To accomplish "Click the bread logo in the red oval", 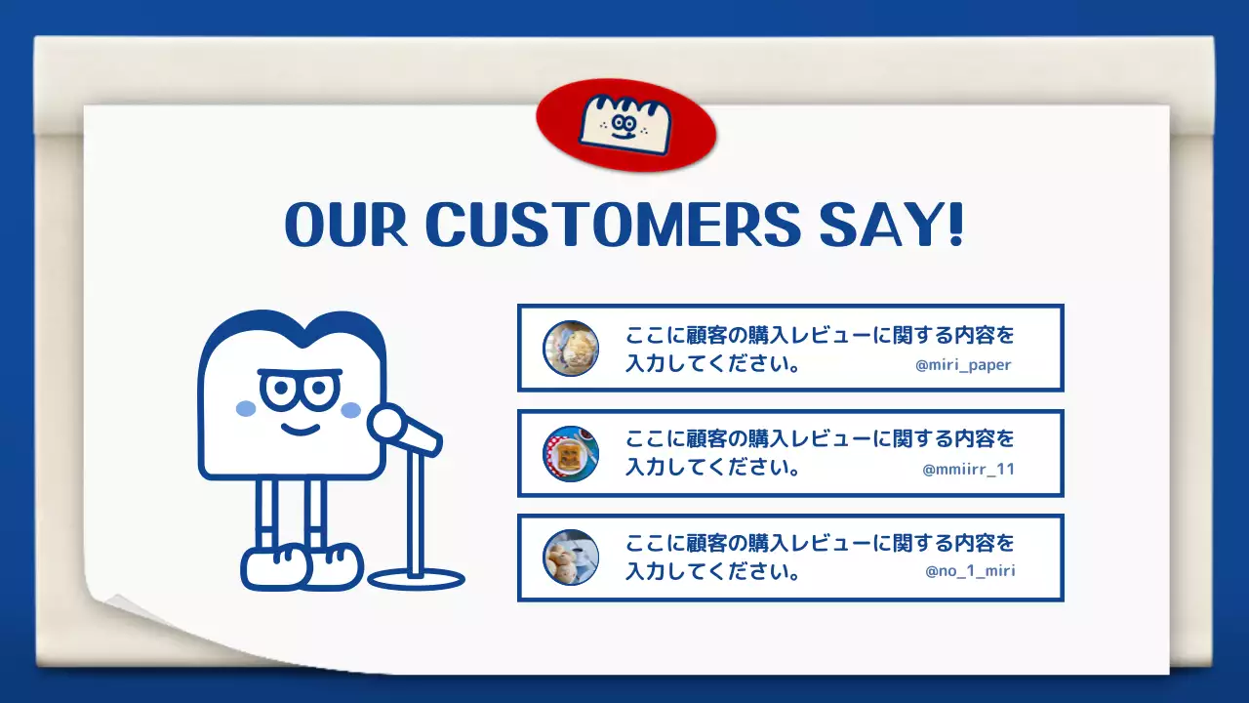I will [x=625, y=123].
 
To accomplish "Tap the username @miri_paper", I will [x=963, y=365].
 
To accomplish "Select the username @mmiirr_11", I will [x=968, y=469].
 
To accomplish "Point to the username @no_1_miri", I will [x=970, y=571].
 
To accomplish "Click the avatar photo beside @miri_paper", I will [x=571, y=349].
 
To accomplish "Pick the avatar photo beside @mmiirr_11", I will [x=571, y=453].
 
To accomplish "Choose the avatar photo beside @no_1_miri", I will [x=571, y=558].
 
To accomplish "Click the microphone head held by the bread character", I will [x=387, y=424].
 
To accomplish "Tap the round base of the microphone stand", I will [x=417, y=579].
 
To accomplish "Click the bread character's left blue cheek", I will [x=246, y=408].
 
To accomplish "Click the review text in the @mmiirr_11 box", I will [x=820, y=452].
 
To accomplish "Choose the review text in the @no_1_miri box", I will [x=820, y=557].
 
